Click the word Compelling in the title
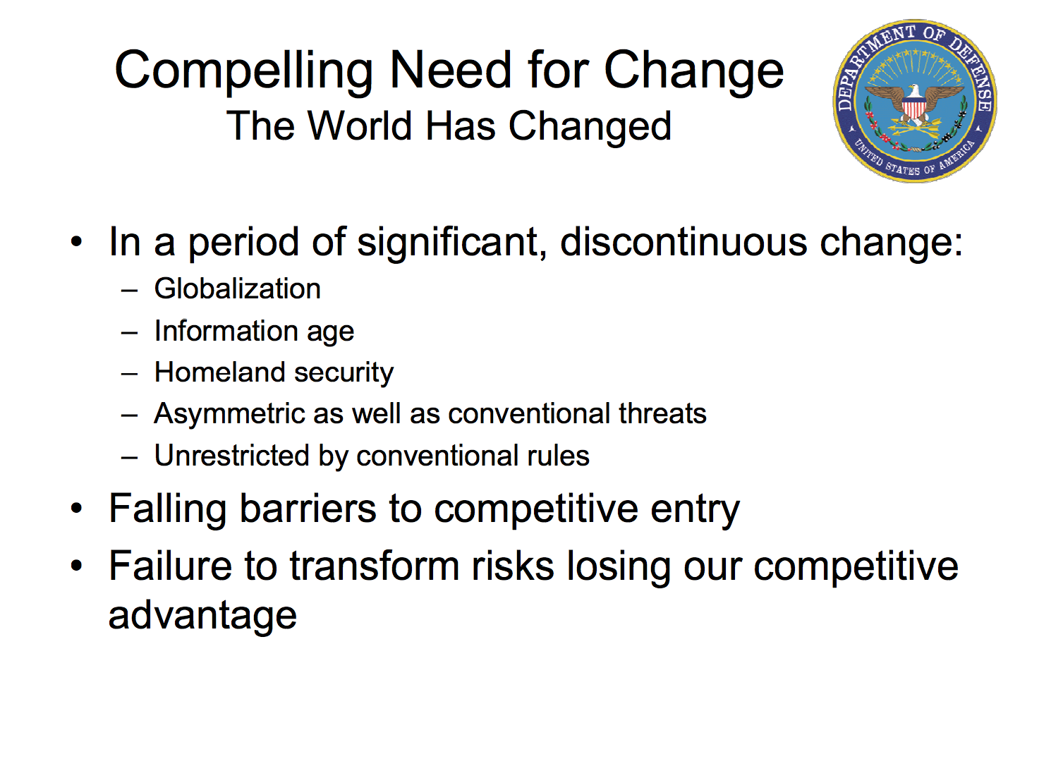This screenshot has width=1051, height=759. [243, 71]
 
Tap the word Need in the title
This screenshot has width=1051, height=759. [450, 70]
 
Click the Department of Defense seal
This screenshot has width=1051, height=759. [914, 101]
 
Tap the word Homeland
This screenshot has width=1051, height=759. [219, 372]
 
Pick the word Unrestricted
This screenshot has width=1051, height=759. [232, 456]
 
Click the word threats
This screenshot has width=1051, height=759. [662, 413]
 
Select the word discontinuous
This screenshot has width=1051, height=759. [683, 242]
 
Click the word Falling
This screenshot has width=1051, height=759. [167, 509]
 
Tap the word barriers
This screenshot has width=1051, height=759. [308, 509]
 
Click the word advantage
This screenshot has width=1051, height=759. [202, 617]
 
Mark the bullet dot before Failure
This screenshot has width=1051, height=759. [76, 566]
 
